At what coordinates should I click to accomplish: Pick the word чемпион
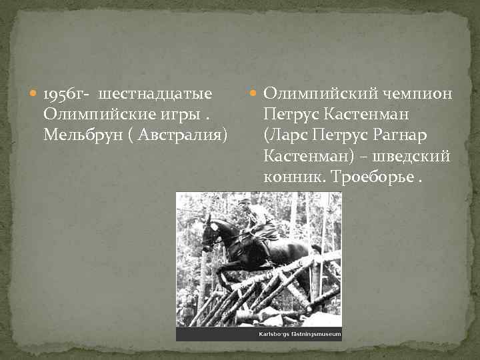(416, 95)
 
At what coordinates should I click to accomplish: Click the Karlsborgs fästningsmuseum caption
(299, 334)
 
